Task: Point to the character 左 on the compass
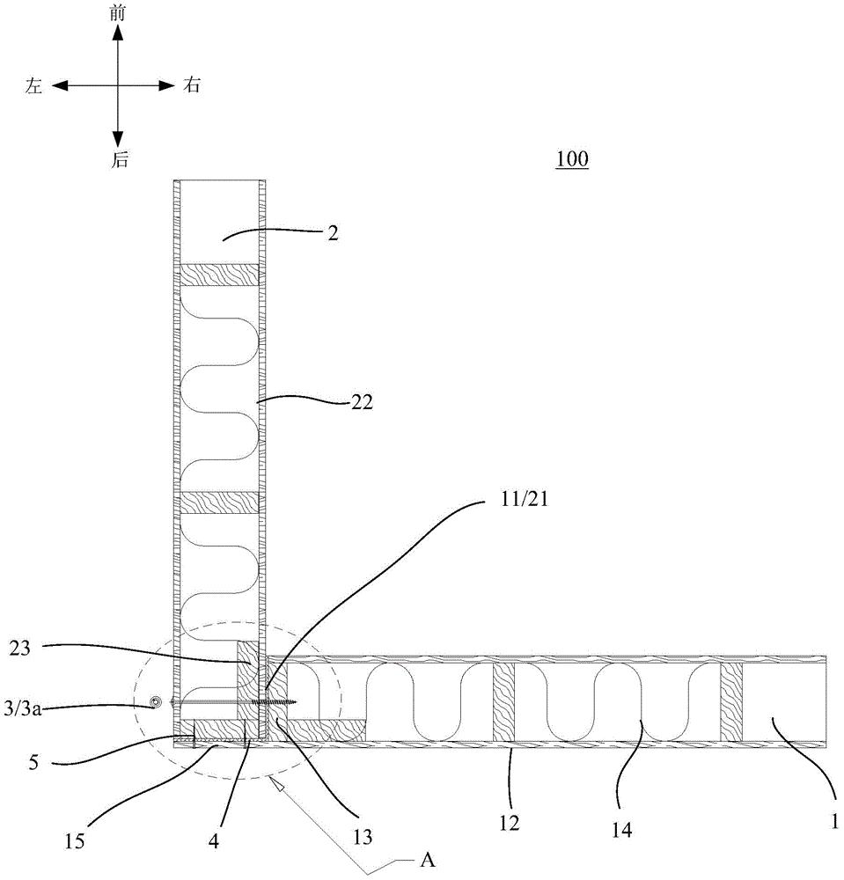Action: tap(34, 85)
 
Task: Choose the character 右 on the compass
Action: tap(191, 85)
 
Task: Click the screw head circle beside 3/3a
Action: tap(156, 701)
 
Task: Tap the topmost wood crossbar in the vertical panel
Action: tap(218, 275)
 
